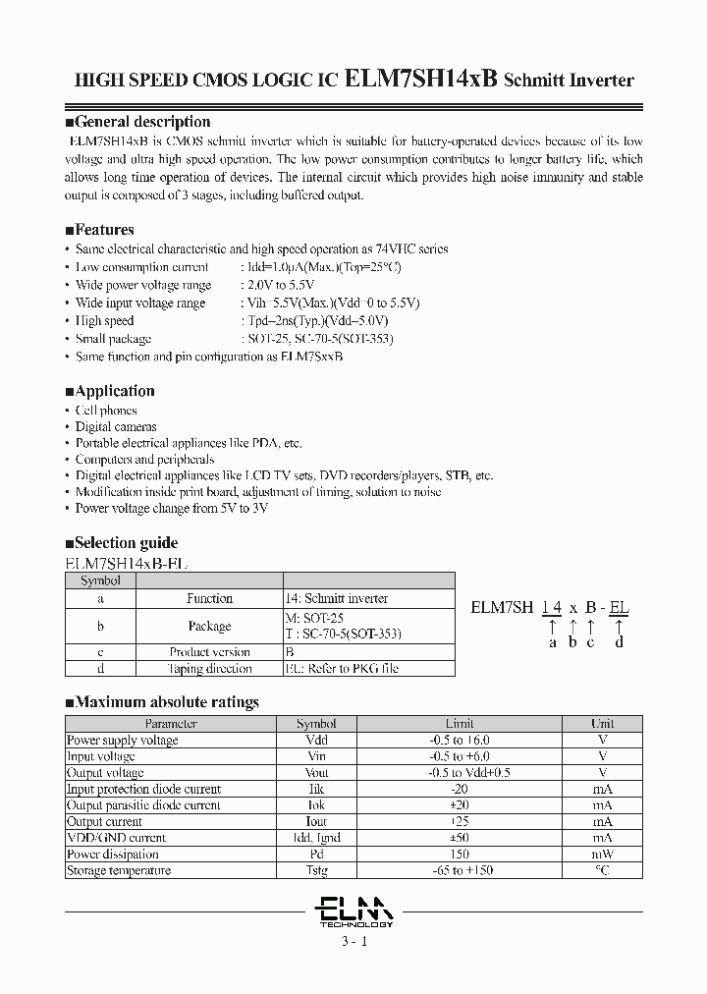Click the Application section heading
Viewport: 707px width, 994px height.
(x=110, y=391)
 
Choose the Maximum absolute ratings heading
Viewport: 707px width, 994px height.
(x=162, y=702)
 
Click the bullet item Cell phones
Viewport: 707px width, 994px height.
(x=106, y=411)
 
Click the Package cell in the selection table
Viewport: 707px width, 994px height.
(x=209, y=626)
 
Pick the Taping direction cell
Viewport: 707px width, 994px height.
(x=209, y=669)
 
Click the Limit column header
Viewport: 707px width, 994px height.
(x=460, y=724)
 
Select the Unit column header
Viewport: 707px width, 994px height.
(x=602, y=724)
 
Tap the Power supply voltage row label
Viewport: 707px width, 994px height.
(x=122, y=741)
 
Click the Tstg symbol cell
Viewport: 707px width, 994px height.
(x=316, y=871)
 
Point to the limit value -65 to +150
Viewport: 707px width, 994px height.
(x=460, y=871)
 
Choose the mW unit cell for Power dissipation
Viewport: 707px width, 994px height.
(x=602, y=855)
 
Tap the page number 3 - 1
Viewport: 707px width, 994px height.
(x=353, y=942)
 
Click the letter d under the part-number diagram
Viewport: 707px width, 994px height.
(x=619, y=642)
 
